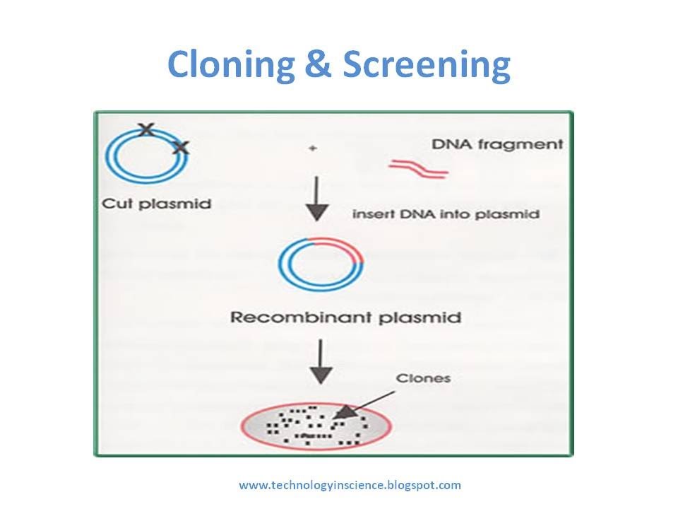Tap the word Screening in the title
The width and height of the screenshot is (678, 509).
tap(426, 66)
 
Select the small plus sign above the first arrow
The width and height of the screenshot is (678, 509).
tap(311, 149)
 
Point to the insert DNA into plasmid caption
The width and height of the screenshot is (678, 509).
tap(446, 213)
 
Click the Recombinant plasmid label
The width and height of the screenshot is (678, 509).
tap(345, 317)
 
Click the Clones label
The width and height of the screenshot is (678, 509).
tap(423, 378)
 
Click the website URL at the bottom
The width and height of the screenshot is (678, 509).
tap(350, 485)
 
